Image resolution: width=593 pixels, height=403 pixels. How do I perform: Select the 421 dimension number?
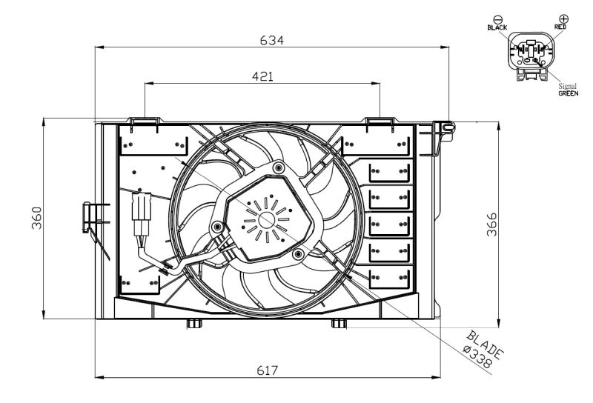[x=261, y=76]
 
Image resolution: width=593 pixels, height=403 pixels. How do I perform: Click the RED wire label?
[x=560, y=26]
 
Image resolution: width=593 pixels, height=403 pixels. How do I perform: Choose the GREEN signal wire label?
[x=568, y=94]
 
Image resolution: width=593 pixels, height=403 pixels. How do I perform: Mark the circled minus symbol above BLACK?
[x=497, y=18]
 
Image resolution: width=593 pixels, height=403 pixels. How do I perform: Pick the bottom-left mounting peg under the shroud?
[x=193, y=324]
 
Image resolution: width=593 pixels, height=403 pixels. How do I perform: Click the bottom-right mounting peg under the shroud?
[x=337, y=324]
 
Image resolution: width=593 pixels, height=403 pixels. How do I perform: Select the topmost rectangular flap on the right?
[x=390, y=173]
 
